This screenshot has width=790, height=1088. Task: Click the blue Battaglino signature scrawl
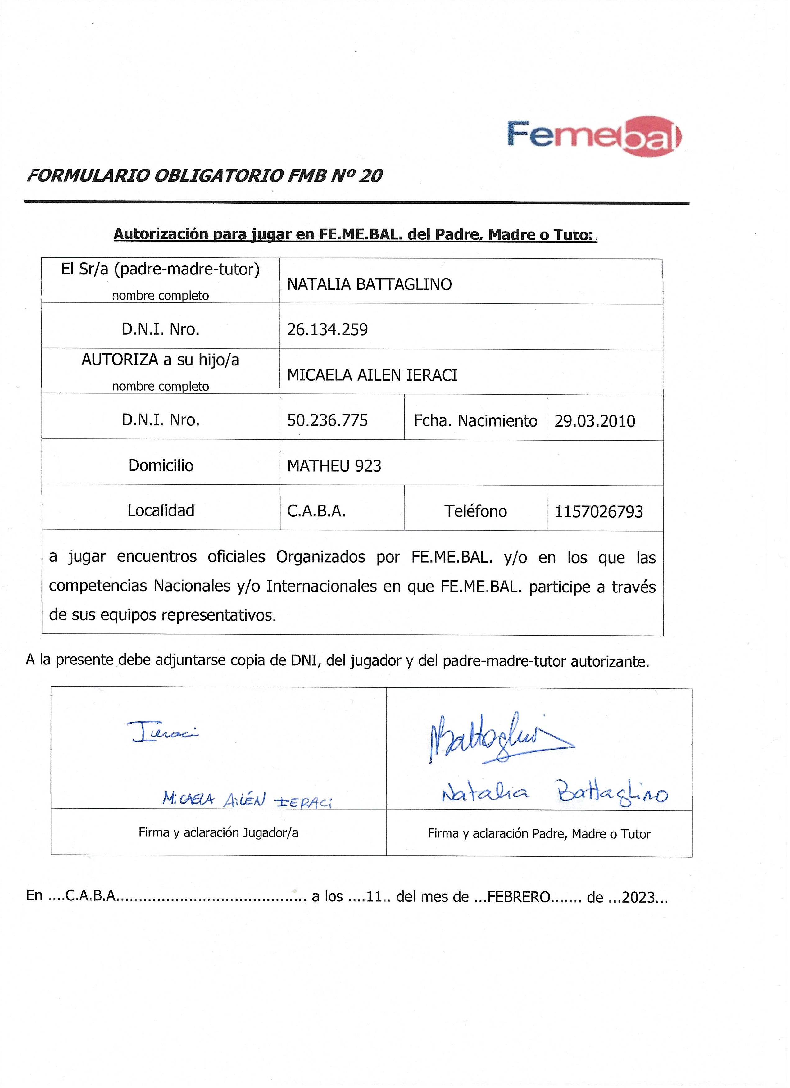[499, 739]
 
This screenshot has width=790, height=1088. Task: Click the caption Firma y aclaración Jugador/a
[218, 833]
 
